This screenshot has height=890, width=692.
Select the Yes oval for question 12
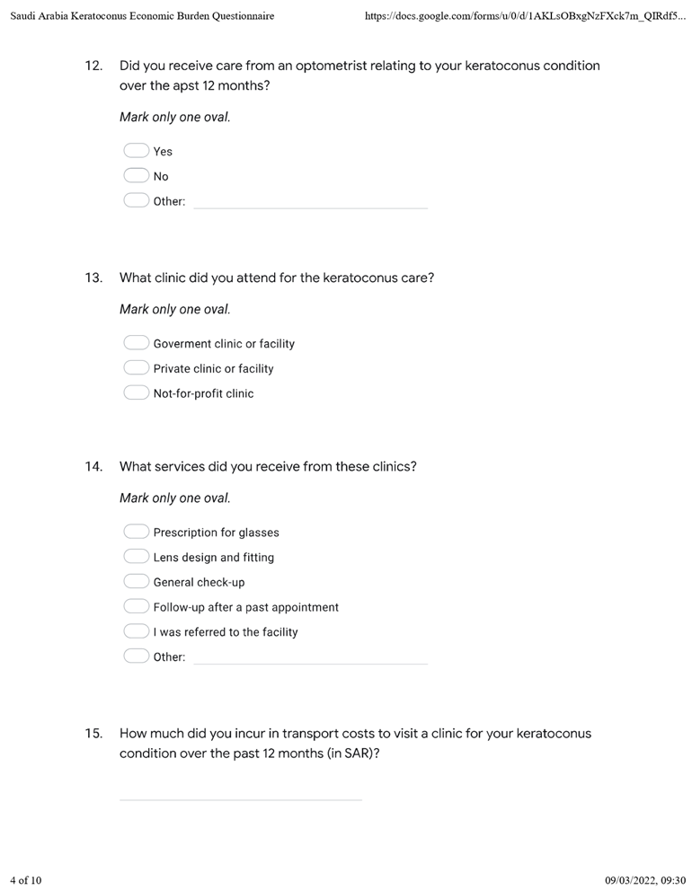pos(136,151)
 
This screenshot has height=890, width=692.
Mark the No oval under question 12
pos(136,176)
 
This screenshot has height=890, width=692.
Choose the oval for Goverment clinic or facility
pos(136,343)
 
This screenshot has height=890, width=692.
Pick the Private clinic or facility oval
pos(136,368)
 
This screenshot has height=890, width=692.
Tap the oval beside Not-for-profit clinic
pos(136,393)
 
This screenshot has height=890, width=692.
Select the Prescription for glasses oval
pos(136,532)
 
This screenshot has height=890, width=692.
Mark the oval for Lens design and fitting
pos(136,557)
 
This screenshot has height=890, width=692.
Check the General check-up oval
pos(136,582)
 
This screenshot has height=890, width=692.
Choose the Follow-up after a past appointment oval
pos(136,607)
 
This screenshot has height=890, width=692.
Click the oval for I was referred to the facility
pos(136,631)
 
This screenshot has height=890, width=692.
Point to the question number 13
pos(93,278)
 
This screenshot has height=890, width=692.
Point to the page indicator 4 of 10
pos(26,879)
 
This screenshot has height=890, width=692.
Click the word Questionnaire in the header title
pos(242,16)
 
